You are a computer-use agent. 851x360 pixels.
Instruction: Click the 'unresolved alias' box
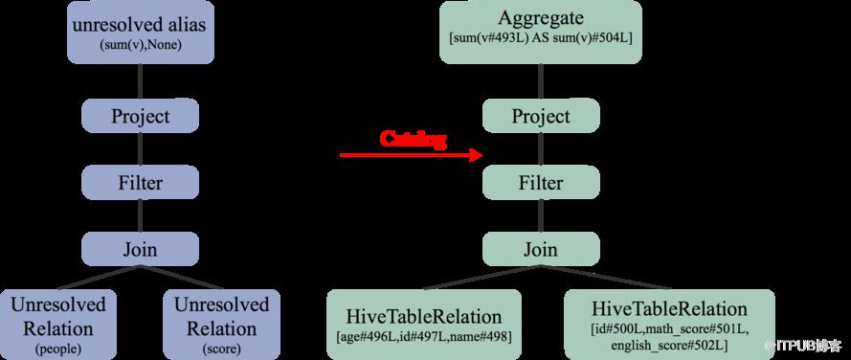141,32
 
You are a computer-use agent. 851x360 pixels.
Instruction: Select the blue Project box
140,116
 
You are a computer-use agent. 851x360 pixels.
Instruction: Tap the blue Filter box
140,183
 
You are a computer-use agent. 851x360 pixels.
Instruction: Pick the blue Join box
140,249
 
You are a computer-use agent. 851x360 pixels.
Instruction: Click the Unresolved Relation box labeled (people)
58,325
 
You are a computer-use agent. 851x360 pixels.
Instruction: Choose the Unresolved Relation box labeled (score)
221,325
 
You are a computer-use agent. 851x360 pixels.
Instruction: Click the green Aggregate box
541,32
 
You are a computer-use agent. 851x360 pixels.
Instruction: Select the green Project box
541,116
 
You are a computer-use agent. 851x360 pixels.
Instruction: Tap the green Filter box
541,183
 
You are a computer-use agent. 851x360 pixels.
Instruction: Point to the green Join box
541,249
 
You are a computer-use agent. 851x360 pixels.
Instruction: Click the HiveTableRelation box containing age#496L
424,325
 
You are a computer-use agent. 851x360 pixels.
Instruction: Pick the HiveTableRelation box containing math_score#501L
669,325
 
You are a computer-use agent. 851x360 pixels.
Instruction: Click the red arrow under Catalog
411,155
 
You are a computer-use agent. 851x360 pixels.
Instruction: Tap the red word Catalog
413,139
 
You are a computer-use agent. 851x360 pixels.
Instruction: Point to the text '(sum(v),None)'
140,46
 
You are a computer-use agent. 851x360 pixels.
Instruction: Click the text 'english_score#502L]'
669,346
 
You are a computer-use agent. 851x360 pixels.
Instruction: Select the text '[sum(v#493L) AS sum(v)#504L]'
541,38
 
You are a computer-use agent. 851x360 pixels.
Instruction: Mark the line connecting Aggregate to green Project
541,81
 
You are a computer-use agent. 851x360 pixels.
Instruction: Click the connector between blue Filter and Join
140,215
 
